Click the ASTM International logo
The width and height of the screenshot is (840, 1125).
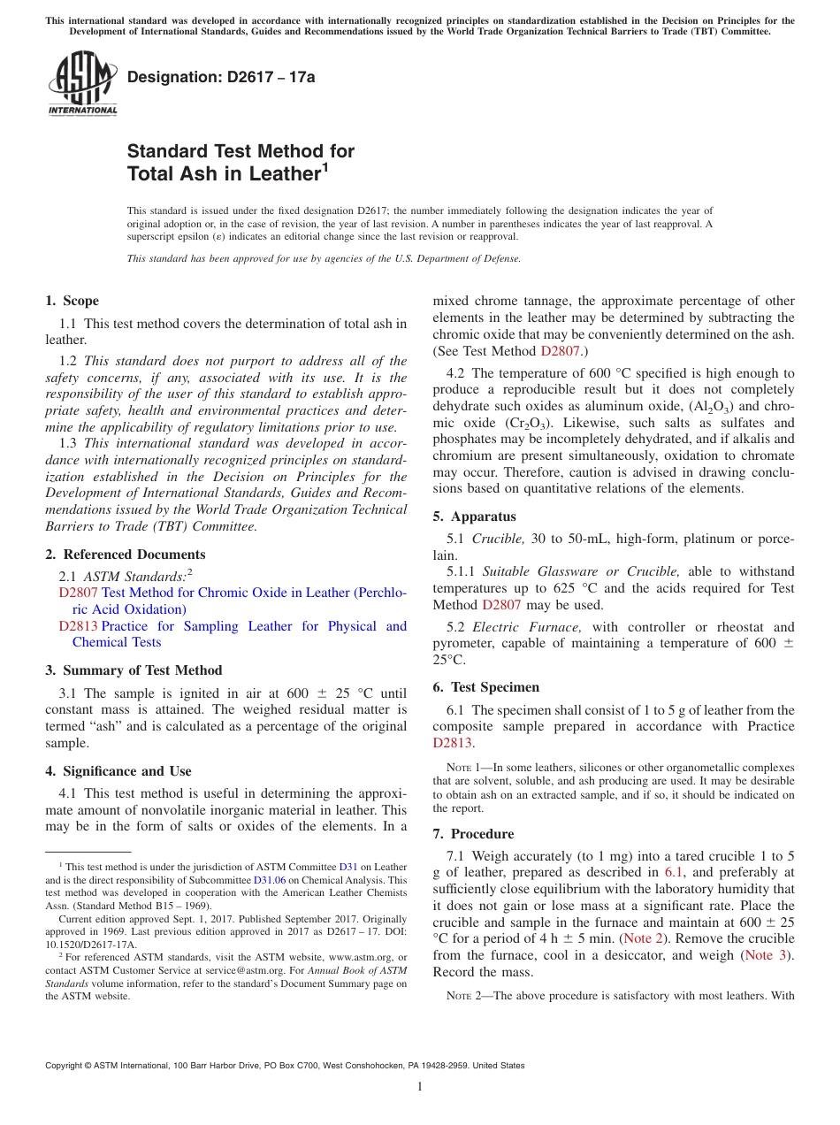tap(82, 84)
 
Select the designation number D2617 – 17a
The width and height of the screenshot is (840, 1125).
tap(221, 77)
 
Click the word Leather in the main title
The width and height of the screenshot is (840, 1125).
tap(271, 174)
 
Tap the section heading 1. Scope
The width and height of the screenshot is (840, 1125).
tap(73, 301)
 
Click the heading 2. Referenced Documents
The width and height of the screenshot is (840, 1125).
tap(126, 555)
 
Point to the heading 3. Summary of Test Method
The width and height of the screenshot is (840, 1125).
tap(134, 670)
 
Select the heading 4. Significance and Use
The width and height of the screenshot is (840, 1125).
tap(118, 771)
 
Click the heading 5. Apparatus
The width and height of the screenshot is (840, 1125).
tap(474, 517)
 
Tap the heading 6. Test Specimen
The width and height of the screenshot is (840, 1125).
tap(485, 687)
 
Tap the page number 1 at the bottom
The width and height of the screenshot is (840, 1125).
tap(420, 1087)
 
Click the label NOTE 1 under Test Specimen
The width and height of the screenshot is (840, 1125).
tap(454, 768)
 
